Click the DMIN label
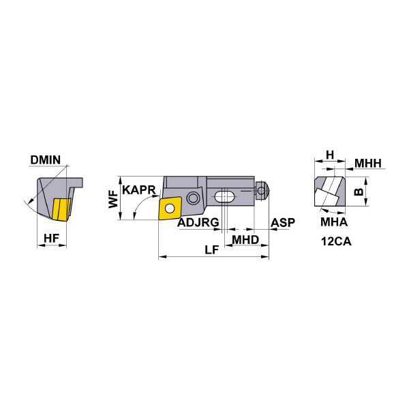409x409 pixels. (46, 161)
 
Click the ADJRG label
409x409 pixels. (198, 224)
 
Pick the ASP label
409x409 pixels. (282, 224)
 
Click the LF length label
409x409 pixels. (212, 249)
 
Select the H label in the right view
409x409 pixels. (329, 155)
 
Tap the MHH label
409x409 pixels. (368, 163)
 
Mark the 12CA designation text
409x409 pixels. (335, 241)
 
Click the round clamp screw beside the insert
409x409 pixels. (193, 198)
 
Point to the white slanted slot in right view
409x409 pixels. (329, 190)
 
